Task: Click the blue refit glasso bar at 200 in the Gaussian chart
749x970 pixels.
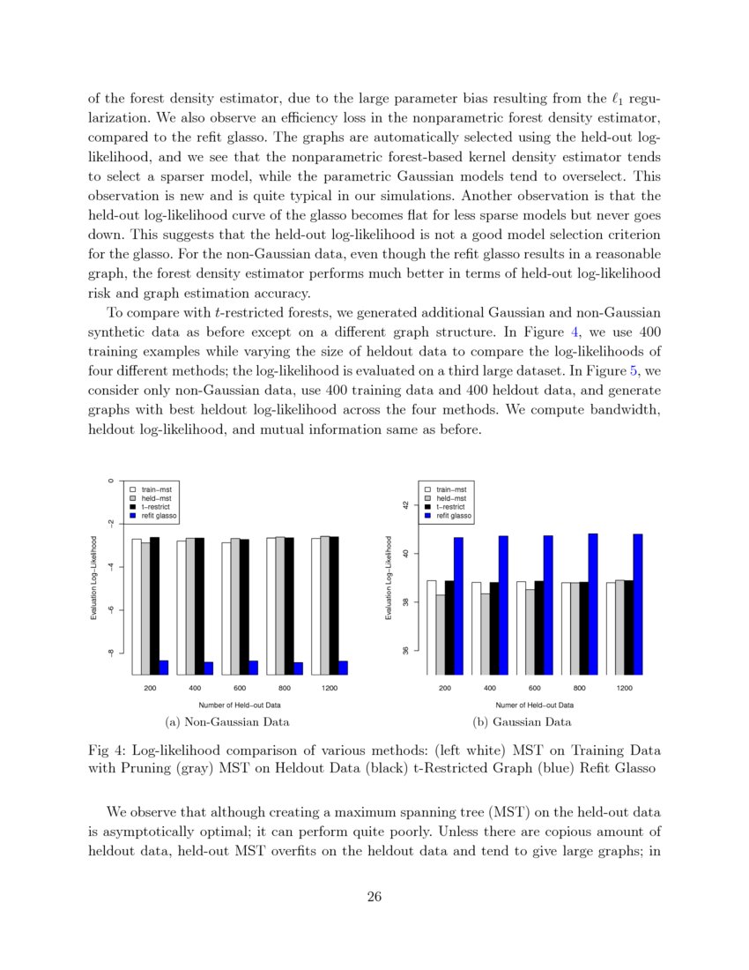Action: click(x=458, y=606)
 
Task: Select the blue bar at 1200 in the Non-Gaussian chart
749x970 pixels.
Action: click(x=343, y=668)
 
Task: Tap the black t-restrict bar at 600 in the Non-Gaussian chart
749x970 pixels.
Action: click(x=244, y=607)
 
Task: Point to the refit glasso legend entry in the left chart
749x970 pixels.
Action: click(x=155, y=516)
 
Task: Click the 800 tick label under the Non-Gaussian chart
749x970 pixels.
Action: click(x=285, y=688)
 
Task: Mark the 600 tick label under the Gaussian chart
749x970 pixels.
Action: click(x=534, y=688)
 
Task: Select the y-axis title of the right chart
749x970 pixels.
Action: click(x=388, y=578)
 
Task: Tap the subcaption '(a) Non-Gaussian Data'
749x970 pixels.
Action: click(x=227, y=722)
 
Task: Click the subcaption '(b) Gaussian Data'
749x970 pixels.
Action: click(x=522, y=722)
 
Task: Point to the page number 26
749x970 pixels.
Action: click(x=374, y=898)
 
